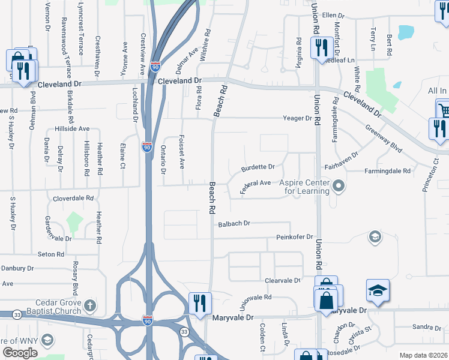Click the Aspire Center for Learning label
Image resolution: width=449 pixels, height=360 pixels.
tap(307, 187)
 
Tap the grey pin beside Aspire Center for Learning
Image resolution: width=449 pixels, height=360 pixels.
tap(339, 186)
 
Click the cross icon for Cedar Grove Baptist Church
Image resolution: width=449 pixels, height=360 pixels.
tap(90, 306)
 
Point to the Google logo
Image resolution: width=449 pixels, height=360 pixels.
tap(20, 353)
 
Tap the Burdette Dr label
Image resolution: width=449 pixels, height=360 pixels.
tap(258, 167)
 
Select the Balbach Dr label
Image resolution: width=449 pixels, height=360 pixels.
tap(234, 223)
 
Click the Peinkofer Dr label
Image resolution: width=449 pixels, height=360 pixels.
tap(295, 238)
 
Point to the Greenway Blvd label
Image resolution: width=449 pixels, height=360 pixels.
tap(383, 137)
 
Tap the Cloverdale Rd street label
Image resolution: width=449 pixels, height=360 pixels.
tap(73, 197)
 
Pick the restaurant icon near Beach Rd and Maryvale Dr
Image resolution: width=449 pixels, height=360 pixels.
tap(199, 303)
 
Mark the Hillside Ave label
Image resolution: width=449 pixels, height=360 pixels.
tap(71, 128)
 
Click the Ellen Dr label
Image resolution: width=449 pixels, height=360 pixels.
tap(335, 15)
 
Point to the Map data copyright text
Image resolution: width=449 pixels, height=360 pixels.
tap(423, 355)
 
